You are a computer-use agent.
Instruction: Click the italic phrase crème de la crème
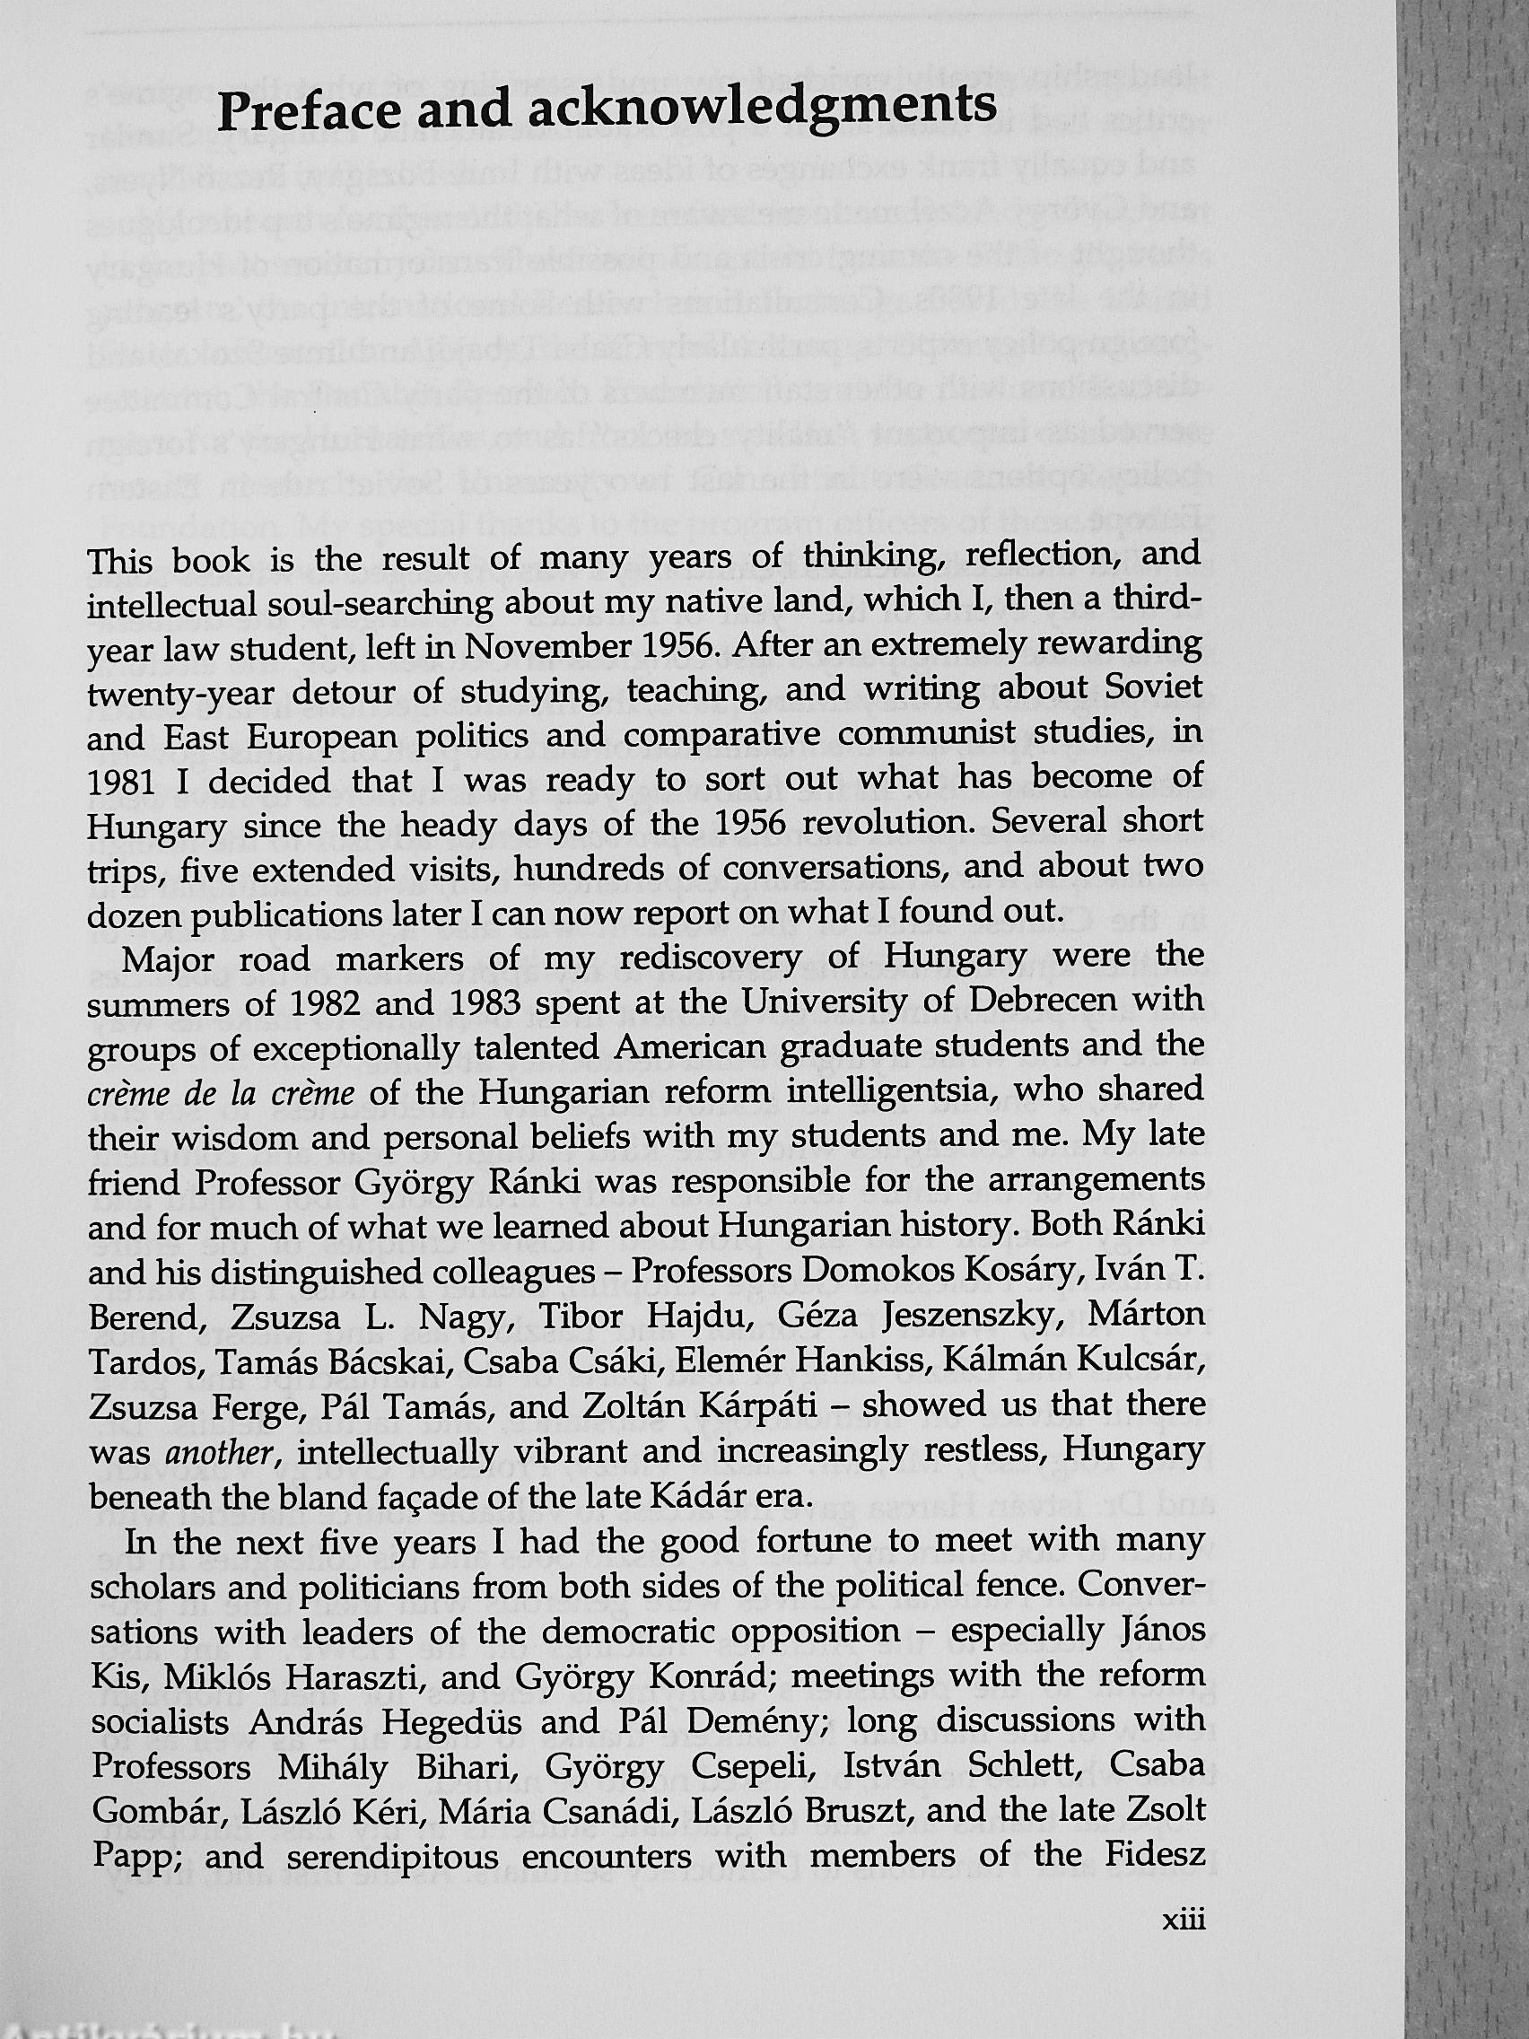click(223, 1093)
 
